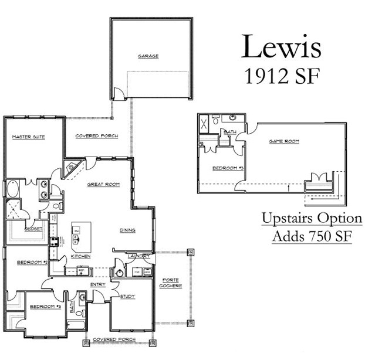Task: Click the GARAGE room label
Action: point(148,56)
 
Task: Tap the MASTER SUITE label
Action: point(29,137)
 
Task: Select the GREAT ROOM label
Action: point(103,184)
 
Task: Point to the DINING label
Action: point(127,230)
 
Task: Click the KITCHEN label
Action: point(80,256)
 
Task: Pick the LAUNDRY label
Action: point(140,256)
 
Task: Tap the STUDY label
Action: point(127,297)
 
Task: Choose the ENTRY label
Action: point(97,285)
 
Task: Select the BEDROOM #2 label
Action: point(32,262)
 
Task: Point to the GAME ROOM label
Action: point(280,141)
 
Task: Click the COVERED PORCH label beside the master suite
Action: point(97,136)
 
